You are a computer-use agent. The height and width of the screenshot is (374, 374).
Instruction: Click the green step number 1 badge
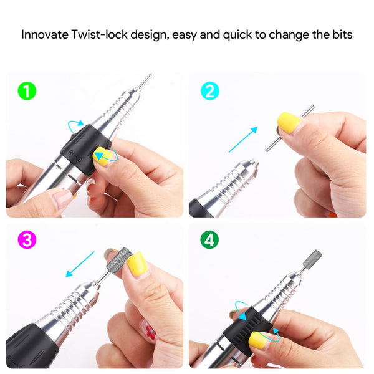27,91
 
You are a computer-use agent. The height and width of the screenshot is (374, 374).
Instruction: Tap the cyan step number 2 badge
210,91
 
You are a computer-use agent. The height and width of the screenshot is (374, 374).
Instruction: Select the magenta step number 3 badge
27,240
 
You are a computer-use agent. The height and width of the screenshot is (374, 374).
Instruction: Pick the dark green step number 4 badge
209,240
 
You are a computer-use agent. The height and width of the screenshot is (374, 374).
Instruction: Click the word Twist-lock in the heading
100,34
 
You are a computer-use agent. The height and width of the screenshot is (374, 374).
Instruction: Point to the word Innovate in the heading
45,34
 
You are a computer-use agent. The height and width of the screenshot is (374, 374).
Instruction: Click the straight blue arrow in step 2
243,139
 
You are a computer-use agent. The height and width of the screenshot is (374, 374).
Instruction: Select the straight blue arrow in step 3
80,264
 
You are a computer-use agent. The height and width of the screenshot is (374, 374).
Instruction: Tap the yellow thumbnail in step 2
289,123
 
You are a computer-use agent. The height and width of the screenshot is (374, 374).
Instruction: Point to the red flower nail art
151,332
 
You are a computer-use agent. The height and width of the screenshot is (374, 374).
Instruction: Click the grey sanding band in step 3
119,262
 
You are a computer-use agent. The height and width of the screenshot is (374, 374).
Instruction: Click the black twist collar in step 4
248,330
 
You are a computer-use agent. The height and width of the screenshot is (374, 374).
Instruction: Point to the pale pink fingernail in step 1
62,198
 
